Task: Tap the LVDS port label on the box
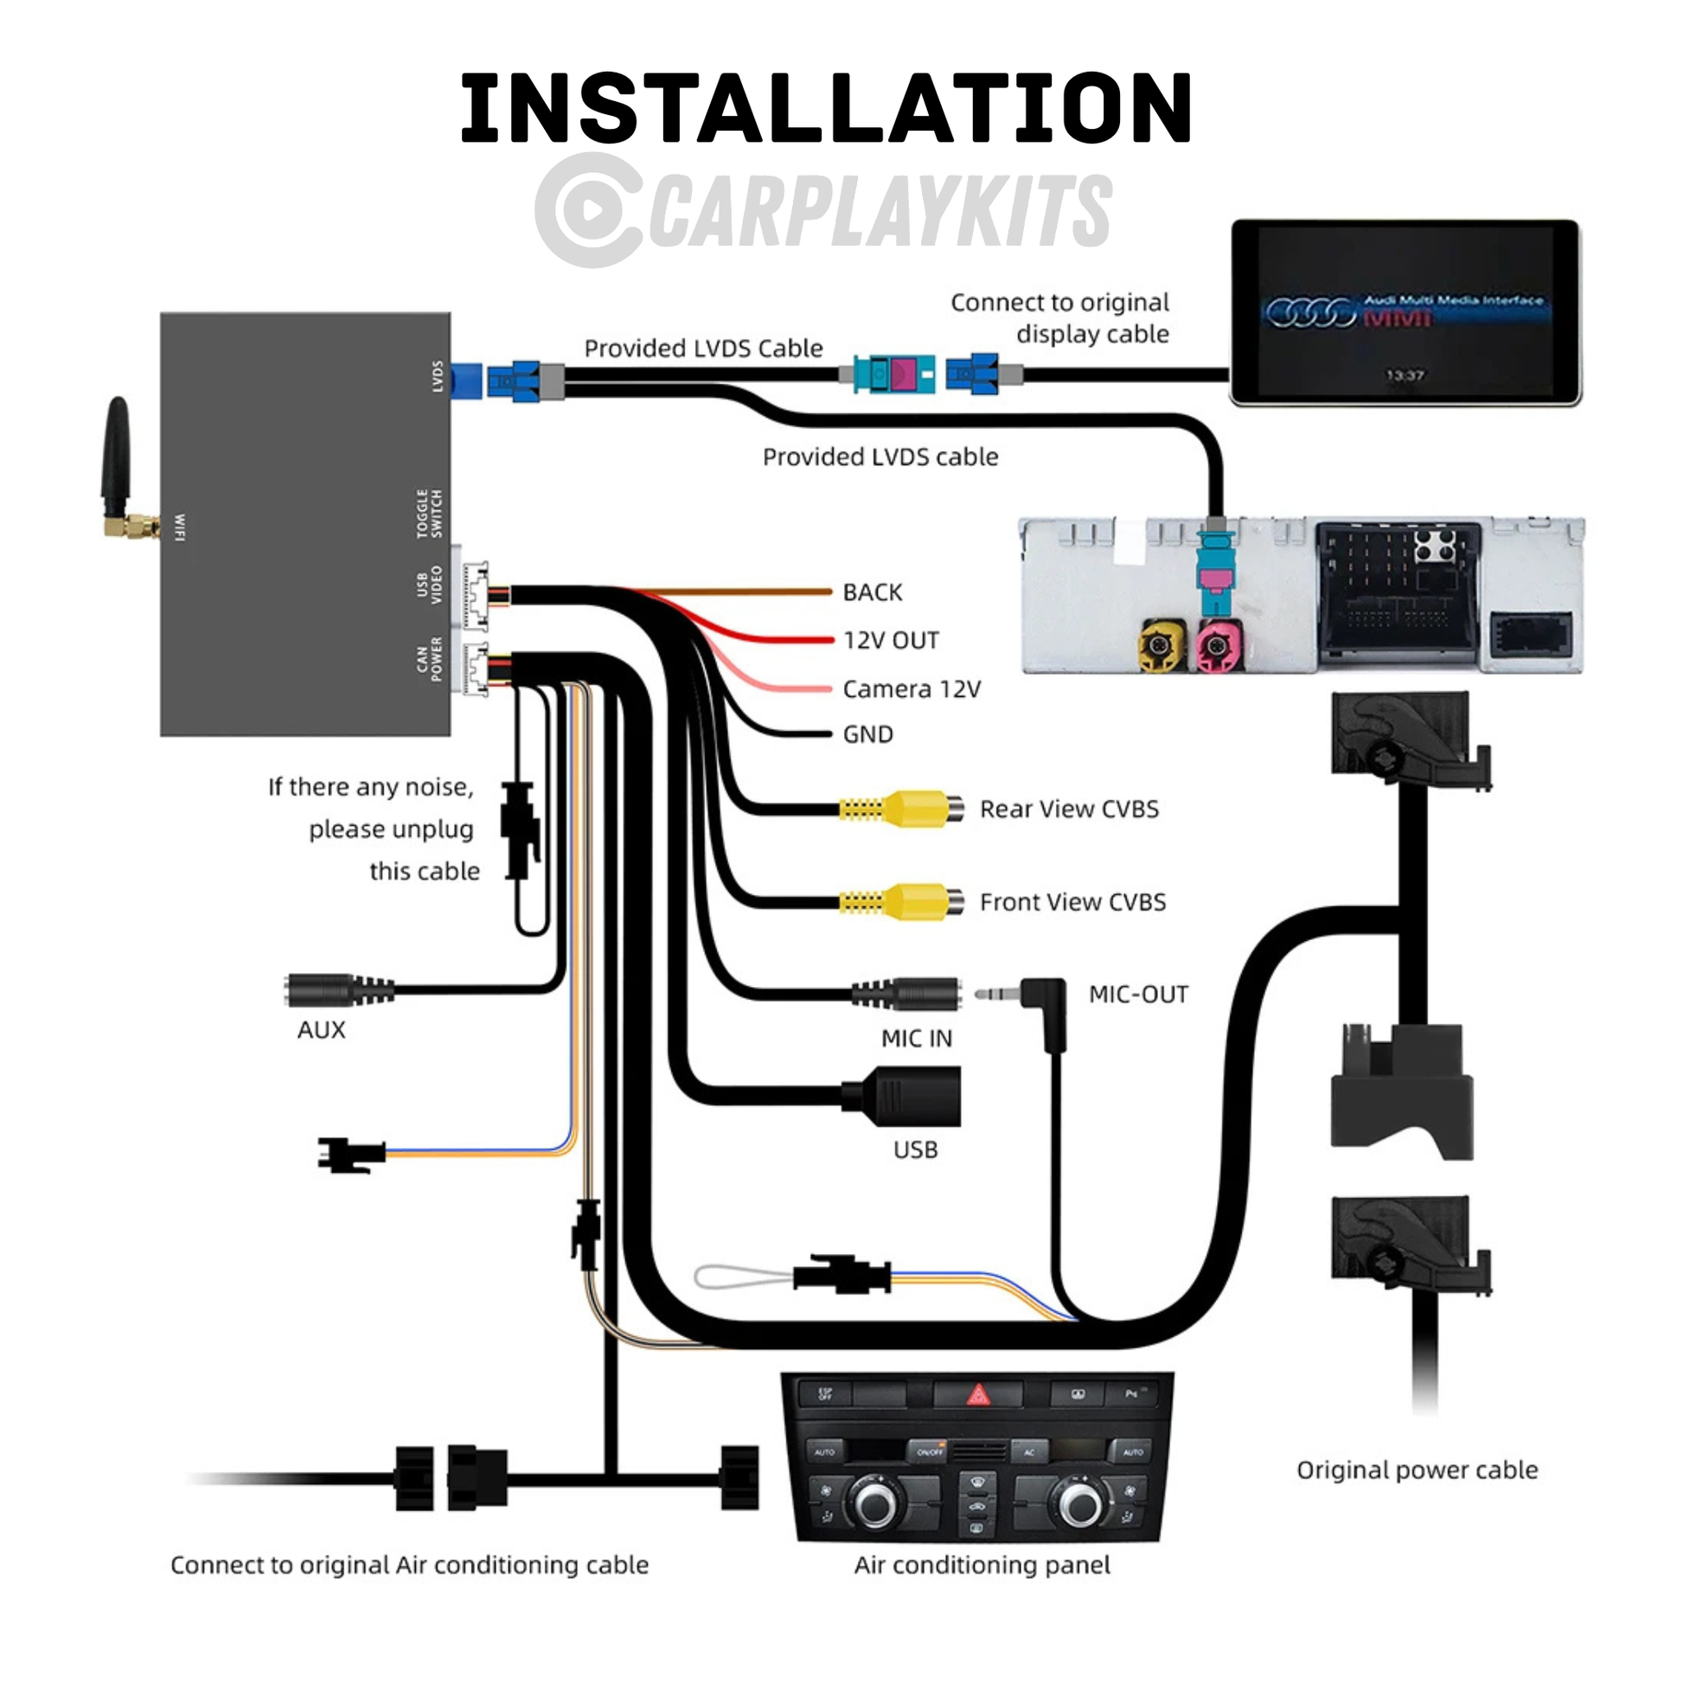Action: (x=438, y=376)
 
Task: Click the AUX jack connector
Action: (x=336, y=991)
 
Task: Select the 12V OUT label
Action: (x=891, y=640)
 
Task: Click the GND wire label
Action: (x=867, y=734)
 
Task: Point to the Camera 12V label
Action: (x=912, y=689)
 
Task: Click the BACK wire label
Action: (x=872, y=592)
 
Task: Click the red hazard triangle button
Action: (x=978, y=1397)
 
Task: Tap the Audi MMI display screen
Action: (x=1405, y=312)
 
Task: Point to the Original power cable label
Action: (x=1417, y=1470)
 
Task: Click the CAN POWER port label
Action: (x=430, y=659)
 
